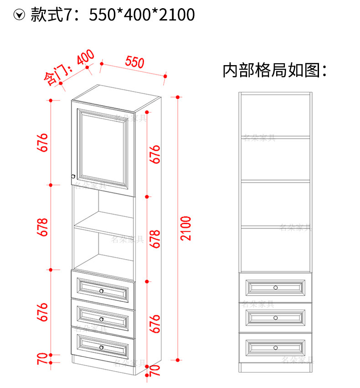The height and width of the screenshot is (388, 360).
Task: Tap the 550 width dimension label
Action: coord(135,62)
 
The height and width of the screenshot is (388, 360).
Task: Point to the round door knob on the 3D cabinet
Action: coord(73,176)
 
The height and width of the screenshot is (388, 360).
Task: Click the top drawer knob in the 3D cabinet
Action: coord(102,291)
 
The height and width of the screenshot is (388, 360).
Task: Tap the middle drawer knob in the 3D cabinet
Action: coord(102,319)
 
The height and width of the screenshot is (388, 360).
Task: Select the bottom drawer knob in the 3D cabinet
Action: coord(101,347)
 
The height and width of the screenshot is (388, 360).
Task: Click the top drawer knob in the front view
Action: coord(275,287)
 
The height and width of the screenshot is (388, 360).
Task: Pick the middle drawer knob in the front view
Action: coord(275,317)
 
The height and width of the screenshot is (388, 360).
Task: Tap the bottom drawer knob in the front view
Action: coord(275,348)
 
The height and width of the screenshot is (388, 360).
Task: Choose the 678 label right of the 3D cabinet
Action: coord(156,239)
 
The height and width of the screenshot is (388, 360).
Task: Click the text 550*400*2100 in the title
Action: coord(142,15)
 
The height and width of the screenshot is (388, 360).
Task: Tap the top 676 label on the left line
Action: coord(43,143)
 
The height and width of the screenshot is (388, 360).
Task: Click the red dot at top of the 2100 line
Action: coord(177,97)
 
